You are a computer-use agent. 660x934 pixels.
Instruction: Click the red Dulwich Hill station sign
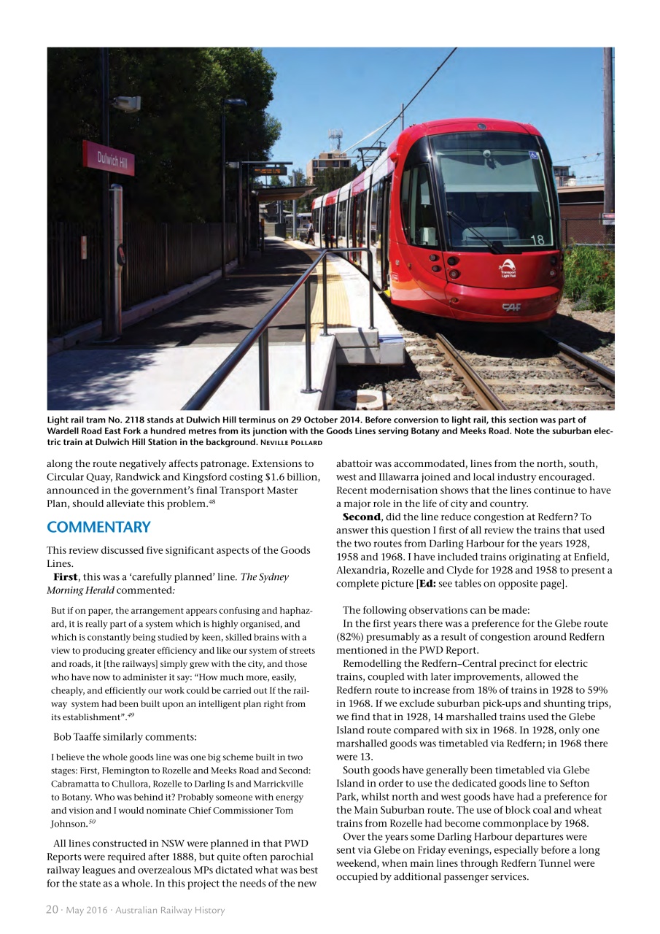(108, 158)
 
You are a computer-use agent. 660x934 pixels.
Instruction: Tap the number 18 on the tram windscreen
(537, 239)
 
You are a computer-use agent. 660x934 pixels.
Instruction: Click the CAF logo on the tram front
(512, 308)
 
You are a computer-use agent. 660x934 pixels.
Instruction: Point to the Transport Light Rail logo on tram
(508, 268)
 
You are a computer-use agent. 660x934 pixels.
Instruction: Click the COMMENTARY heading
(98, 527)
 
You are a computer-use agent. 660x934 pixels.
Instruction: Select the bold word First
(66, 577)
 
